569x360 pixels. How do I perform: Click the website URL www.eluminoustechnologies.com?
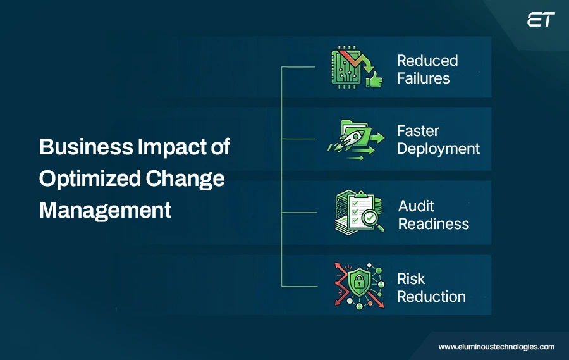point(496,347)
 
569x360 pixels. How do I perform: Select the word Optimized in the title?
point(89,178)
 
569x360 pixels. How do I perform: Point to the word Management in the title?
point(105,209)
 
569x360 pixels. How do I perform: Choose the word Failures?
point(424,78)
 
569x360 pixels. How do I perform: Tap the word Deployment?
point(438,149)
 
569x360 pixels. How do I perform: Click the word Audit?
point(416,206)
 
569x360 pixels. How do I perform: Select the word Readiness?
point(434,224)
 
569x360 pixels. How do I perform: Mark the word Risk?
point(411,279)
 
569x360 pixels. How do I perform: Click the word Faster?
point(418,131)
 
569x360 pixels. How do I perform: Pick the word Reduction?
point(431,297)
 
